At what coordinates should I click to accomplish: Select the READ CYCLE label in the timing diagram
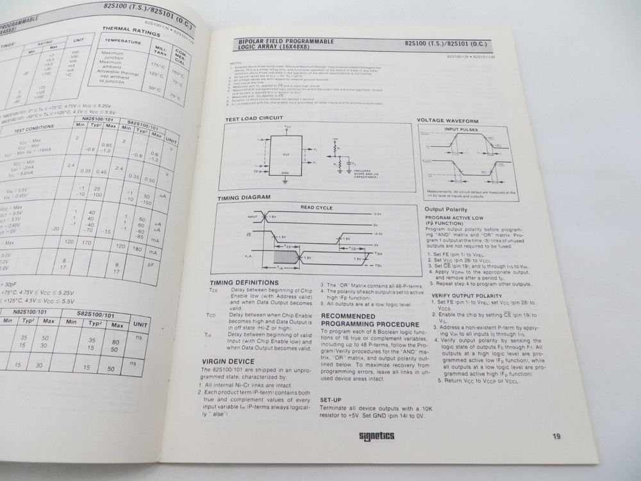(x=315, y=207)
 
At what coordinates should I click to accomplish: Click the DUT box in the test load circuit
(x=287, y=154)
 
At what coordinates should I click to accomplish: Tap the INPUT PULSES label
(x=458, y=130)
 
